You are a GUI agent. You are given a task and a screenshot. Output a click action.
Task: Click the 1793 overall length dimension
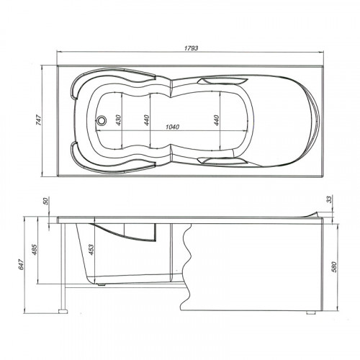(192, 48)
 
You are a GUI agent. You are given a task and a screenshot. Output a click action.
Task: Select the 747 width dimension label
(39, 120)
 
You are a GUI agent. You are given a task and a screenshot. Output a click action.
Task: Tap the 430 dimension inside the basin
(119, 120)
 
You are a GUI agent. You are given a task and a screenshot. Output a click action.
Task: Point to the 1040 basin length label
(173, 127)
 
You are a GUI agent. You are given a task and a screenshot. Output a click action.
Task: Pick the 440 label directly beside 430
(147, 120)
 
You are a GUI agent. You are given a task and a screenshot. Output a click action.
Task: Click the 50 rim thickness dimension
(45, 201)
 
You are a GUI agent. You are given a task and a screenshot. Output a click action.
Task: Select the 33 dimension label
(330, 199)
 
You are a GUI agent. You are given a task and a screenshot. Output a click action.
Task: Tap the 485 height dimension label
(35, 250)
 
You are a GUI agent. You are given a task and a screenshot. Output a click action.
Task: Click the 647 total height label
(21, 264)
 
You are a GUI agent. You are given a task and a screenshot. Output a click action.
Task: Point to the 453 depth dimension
(91, 250)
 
